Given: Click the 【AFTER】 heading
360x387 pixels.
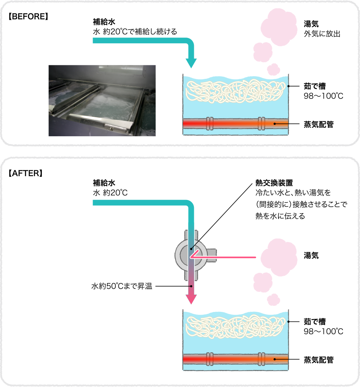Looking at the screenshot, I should [x=25, y=173].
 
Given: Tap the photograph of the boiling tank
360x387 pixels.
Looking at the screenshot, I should [x=102, y=100].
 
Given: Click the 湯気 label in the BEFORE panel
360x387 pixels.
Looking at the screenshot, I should [x=311, y=24].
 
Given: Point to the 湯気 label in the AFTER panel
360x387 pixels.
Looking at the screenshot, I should [x=311, y=255].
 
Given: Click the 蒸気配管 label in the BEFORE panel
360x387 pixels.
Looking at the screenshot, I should [x=319, y=124].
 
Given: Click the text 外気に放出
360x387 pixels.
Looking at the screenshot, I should [x=322, y=34].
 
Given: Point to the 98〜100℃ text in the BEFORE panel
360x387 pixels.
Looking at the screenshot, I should [x=323, y=96].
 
